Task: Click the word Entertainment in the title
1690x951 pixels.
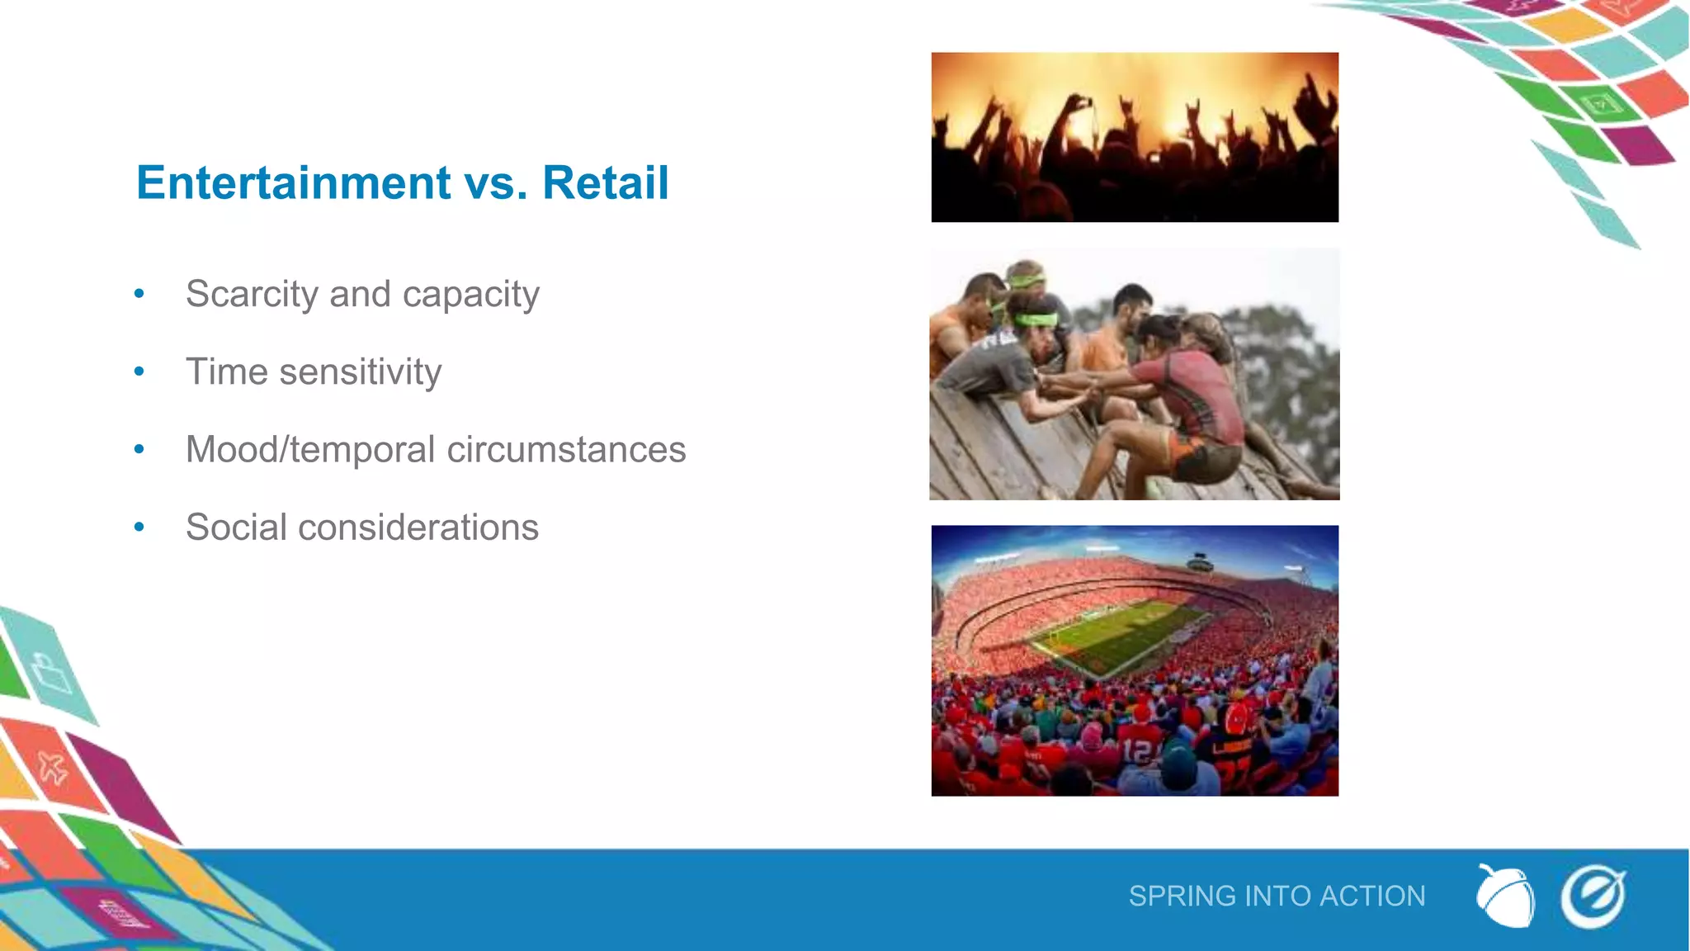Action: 293,182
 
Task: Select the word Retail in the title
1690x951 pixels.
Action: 605,182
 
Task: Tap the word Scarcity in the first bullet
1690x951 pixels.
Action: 252,294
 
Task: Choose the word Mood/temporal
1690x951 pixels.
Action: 309,450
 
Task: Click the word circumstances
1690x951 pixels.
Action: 566,450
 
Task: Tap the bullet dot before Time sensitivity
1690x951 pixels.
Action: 139,372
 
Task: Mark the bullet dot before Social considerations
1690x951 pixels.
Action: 139,528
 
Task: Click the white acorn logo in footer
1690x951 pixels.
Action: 1505,897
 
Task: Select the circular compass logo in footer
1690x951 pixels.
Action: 1592,897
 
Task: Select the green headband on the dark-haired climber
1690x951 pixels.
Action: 1036,320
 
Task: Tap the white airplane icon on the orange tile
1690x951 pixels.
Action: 52,769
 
